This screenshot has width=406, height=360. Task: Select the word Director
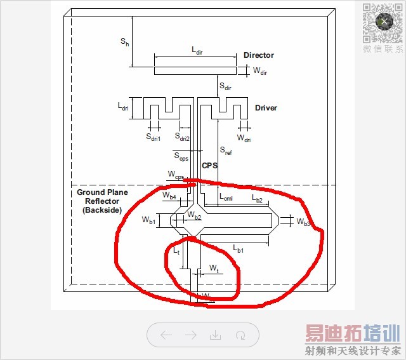coord(258,55)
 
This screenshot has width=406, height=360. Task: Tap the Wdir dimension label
coord(260,72)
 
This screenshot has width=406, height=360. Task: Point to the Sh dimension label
coord(125,41)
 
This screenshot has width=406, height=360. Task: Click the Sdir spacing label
coord(225,86)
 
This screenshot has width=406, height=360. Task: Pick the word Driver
coord(266,107)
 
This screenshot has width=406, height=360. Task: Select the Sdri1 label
coord(154,137)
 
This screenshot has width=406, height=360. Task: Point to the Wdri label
coord(244,137)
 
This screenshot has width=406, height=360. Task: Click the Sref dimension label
coord(226,151)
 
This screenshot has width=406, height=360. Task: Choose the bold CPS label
coord(209,166)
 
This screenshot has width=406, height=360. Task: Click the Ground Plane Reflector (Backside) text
coord(102,201)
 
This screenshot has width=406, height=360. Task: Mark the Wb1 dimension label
coord(148,220)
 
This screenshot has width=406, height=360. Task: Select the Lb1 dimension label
coord(239,249)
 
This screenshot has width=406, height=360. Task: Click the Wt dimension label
coord(214,269)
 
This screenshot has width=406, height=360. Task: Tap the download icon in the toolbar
coord(215,335)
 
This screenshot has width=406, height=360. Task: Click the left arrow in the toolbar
coord(166,335)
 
